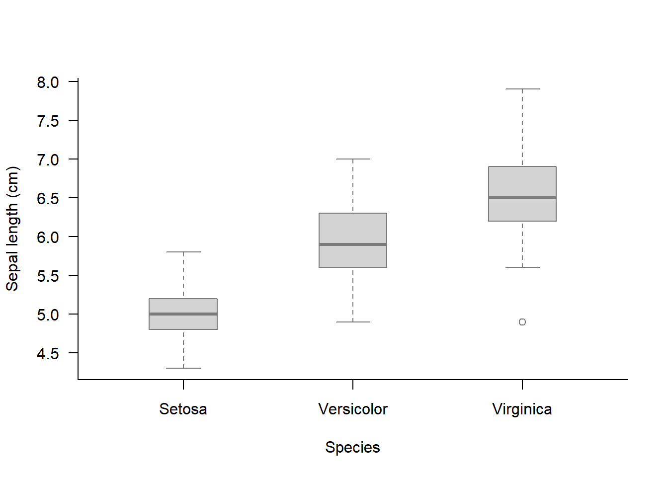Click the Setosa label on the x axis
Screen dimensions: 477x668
183,409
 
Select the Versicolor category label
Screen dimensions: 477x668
353,409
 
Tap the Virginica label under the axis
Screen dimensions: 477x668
522,409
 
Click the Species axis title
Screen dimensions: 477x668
352,447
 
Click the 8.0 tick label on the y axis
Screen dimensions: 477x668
48,82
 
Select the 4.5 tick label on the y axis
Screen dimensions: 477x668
48,353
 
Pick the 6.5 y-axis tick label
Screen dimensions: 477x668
48,198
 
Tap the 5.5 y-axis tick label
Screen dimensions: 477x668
48,276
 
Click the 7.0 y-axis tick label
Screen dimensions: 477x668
48,159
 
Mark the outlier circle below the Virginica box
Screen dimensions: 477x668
522,322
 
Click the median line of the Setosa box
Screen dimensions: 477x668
183,314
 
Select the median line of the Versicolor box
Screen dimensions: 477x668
353,244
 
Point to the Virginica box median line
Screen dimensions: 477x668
522,198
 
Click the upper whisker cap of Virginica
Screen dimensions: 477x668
522,89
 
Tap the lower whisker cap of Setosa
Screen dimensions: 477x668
183,368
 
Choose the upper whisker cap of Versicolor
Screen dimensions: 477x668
353,159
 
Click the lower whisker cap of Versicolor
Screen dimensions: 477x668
353,322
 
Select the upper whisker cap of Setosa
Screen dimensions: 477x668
183,252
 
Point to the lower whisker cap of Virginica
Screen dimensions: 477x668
522,267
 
